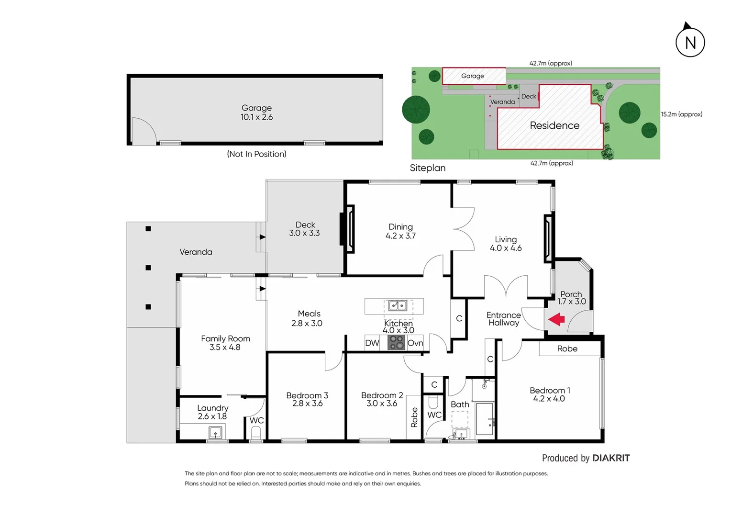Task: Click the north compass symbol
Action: (690, 42)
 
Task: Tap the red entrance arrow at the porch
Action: (556, 319)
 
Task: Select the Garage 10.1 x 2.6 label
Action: (256, 112)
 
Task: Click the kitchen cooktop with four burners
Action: (397, 342)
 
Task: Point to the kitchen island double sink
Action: (398, 305)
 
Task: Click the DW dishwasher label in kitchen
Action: (372, 343)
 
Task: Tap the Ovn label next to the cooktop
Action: (415, 343)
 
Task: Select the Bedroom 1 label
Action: (549, 394)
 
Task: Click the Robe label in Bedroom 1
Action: (567, 348)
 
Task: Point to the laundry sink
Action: (215, 433)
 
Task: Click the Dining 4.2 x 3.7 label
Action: (400, 231)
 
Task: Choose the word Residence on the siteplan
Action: (554, 125)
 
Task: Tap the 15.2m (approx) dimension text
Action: (681, 114)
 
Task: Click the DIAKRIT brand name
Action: (611, 458)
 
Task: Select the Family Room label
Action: (225, 343)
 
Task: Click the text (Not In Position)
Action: (256, 154)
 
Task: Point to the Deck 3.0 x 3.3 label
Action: (305, 229)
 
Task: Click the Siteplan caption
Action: (427, 168)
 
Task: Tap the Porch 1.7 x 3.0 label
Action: (571, 298)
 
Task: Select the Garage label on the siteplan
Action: (472, 76)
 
